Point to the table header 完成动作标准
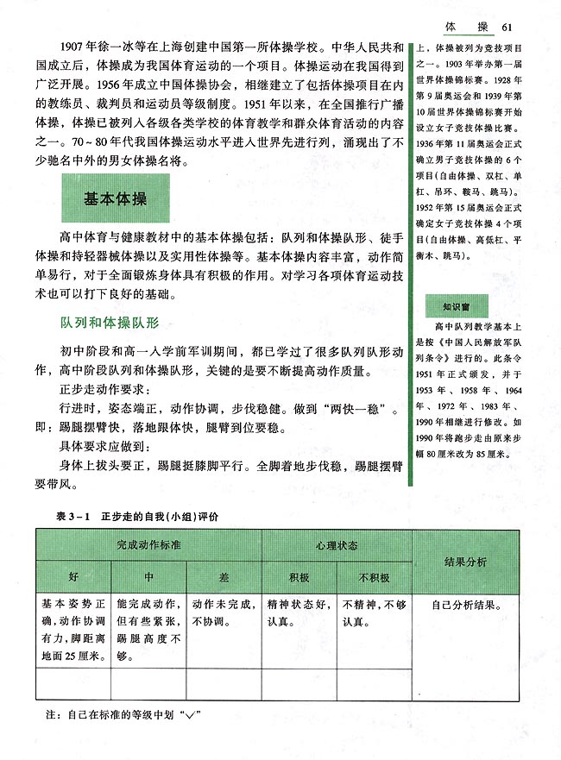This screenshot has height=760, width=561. (149, 546)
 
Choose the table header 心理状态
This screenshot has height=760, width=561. (337, 546)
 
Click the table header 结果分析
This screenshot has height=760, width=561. (467, 562)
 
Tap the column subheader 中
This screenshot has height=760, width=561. (148, 576)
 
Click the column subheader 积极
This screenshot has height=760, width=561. (299, 577)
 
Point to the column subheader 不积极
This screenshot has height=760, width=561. (374, 577)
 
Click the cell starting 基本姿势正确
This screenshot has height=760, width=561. (73, 629)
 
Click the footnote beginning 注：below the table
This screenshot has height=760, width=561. (121, 715)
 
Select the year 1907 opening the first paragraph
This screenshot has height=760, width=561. (69, 45)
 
